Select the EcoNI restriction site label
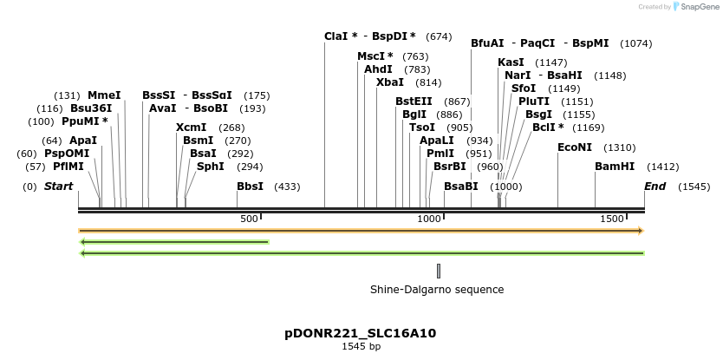click(575, 147)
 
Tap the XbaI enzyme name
click(390, 82)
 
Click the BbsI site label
click(250, 187)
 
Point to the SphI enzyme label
click(211, 167)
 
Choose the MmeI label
click(104, 95)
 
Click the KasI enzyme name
click(511, 62)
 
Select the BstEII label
click(414, 101)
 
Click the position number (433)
click(287, 187)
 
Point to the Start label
click(58, 187)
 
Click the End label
click(655, 187)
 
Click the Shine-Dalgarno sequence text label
click(437, 290)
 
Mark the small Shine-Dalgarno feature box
click(439, 271)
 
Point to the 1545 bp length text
click(361, 347)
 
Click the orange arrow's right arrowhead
click(641, 231)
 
